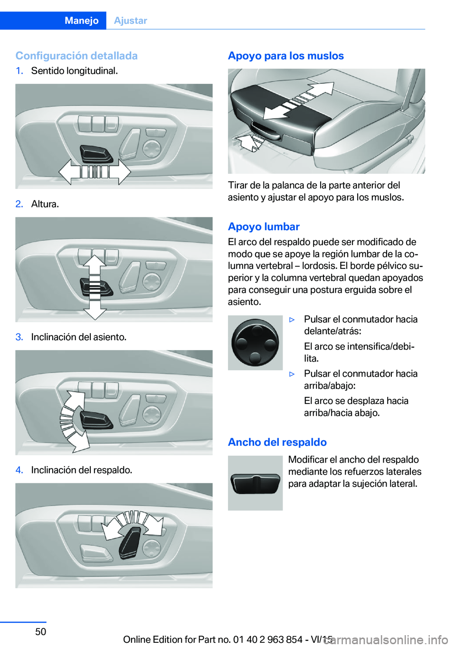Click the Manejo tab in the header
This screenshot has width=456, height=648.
click(x=81, y=20)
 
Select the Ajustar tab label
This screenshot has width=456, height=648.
click(x=131, y=20)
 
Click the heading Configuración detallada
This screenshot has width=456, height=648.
click(x=76, y=56)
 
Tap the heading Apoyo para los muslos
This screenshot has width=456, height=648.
click(x=286, y=56)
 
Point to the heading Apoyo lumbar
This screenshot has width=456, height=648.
click(x=264, y=226)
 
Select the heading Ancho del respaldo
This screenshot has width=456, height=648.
click(x=277, y=442)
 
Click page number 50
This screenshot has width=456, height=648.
click(x=41, y=631)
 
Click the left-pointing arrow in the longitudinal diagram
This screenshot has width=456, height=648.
click(x=69, y=172)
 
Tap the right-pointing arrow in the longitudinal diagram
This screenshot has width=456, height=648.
click(x=120, y=172)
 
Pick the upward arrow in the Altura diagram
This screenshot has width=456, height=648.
click(x=95, y=265)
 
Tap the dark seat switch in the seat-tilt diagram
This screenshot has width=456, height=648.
click(x=96, y=420)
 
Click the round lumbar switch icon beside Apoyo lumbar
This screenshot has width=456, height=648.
click(x=255, y=343)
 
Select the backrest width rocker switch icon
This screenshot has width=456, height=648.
click(x=255, y=483)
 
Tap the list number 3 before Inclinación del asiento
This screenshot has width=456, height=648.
click(x=19, y=337)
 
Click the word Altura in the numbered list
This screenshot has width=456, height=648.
click(x=45, y=204)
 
